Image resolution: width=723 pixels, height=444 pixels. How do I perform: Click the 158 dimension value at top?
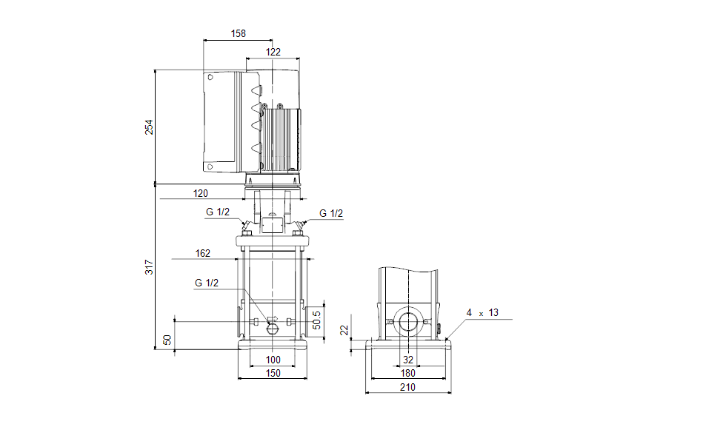tap(238, 33)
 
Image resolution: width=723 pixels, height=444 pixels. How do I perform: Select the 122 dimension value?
tap(273, 52)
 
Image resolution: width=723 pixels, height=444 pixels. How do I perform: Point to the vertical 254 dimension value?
tap(149, 127)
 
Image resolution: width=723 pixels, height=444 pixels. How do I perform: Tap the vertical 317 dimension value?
tap(149, 267)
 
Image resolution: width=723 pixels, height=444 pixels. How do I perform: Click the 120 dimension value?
tap(201, 193)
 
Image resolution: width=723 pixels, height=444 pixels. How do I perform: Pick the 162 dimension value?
tap(202, 253)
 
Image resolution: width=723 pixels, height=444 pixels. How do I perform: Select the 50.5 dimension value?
tap(316, 320)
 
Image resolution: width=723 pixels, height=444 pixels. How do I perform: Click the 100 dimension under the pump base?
tap(273, 360)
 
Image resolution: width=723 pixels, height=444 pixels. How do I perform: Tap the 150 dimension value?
tap(273, 374)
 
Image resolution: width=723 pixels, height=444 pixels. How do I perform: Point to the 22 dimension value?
tap(344, 331)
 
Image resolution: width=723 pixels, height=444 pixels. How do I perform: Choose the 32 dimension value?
tap(408, 360)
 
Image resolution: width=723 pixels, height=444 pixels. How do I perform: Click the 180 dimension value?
tap(408, 373)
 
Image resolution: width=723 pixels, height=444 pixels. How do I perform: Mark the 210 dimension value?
tap(407, 387)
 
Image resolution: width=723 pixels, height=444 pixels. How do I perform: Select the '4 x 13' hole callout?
tap(482, 313)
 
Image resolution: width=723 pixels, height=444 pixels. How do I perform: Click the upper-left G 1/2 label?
tap(218, 213)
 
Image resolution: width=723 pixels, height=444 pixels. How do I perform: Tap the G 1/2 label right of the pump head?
tap(331, 213)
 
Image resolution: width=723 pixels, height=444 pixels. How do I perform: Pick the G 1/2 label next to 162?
tap(207, 283)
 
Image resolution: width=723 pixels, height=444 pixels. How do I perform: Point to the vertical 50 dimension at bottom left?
tap(167, 340)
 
